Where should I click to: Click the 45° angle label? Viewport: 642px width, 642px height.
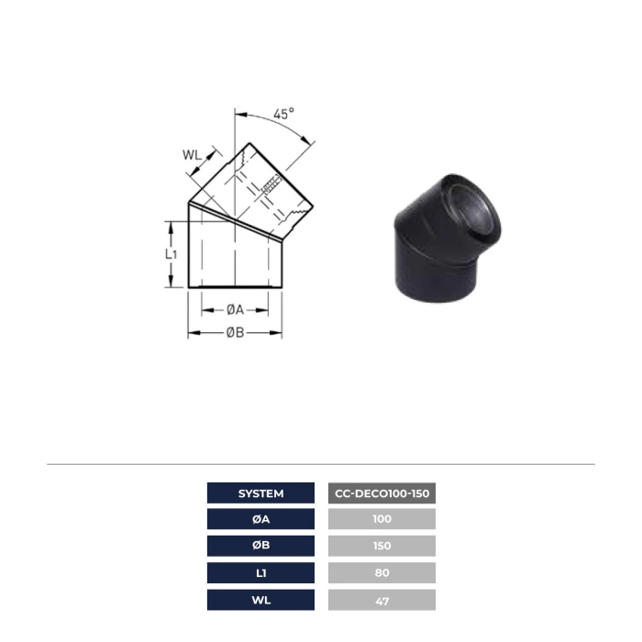(283, 114)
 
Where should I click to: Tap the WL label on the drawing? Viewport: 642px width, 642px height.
(192, 155)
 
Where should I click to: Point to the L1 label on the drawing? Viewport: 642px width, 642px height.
(172, 254)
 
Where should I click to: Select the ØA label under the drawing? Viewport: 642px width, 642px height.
(235, 310)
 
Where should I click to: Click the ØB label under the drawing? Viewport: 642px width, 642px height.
(235, 332)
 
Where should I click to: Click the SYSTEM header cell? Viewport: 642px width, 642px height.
(260, 493)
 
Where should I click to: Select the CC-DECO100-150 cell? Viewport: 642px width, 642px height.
(382, 493)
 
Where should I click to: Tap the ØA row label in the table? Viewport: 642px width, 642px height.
(260, 519)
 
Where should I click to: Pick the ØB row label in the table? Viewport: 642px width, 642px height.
(260, 546)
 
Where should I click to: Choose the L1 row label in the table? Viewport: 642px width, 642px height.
(260, 573)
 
